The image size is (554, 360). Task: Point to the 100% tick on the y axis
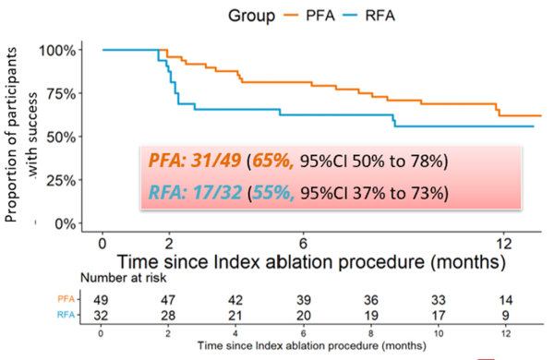pyautogui.click(x=59, y=50)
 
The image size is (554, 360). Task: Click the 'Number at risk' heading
pyautogui.click(x=125, y=277)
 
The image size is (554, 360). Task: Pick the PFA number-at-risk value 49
pyautogui.click(x=102, y=300)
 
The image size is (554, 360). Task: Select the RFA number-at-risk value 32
pyautogui.click(x=102, y=317)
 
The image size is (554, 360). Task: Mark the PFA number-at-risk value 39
pyautogui.click(x=302, y=300)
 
